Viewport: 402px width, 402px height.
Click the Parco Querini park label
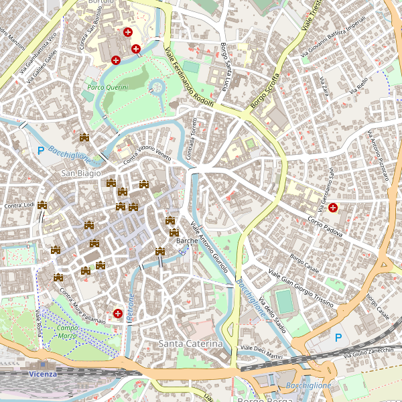click(x=107, y=87)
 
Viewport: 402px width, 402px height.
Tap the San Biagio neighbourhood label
click(x=80, y=174)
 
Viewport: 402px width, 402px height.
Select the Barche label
click(x=186, y=240)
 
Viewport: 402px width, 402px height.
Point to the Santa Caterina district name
click(x=190, y=344)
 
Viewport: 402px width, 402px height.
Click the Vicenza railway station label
click(x=43, y=374)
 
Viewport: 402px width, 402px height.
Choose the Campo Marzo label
click(x=67, y=332)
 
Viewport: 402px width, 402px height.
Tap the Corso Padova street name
click(x=326, y=227)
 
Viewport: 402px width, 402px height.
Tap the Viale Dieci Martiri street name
click(x=261, y=352)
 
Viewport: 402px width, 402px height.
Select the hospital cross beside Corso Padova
click(x=332, y=208)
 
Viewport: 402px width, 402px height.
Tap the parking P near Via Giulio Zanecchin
click(x=338, y=338)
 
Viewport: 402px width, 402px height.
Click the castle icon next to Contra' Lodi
click(x=43, y=205)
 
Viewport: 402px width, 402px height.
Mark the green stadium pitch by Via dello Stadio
click(x=285, y=301)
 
